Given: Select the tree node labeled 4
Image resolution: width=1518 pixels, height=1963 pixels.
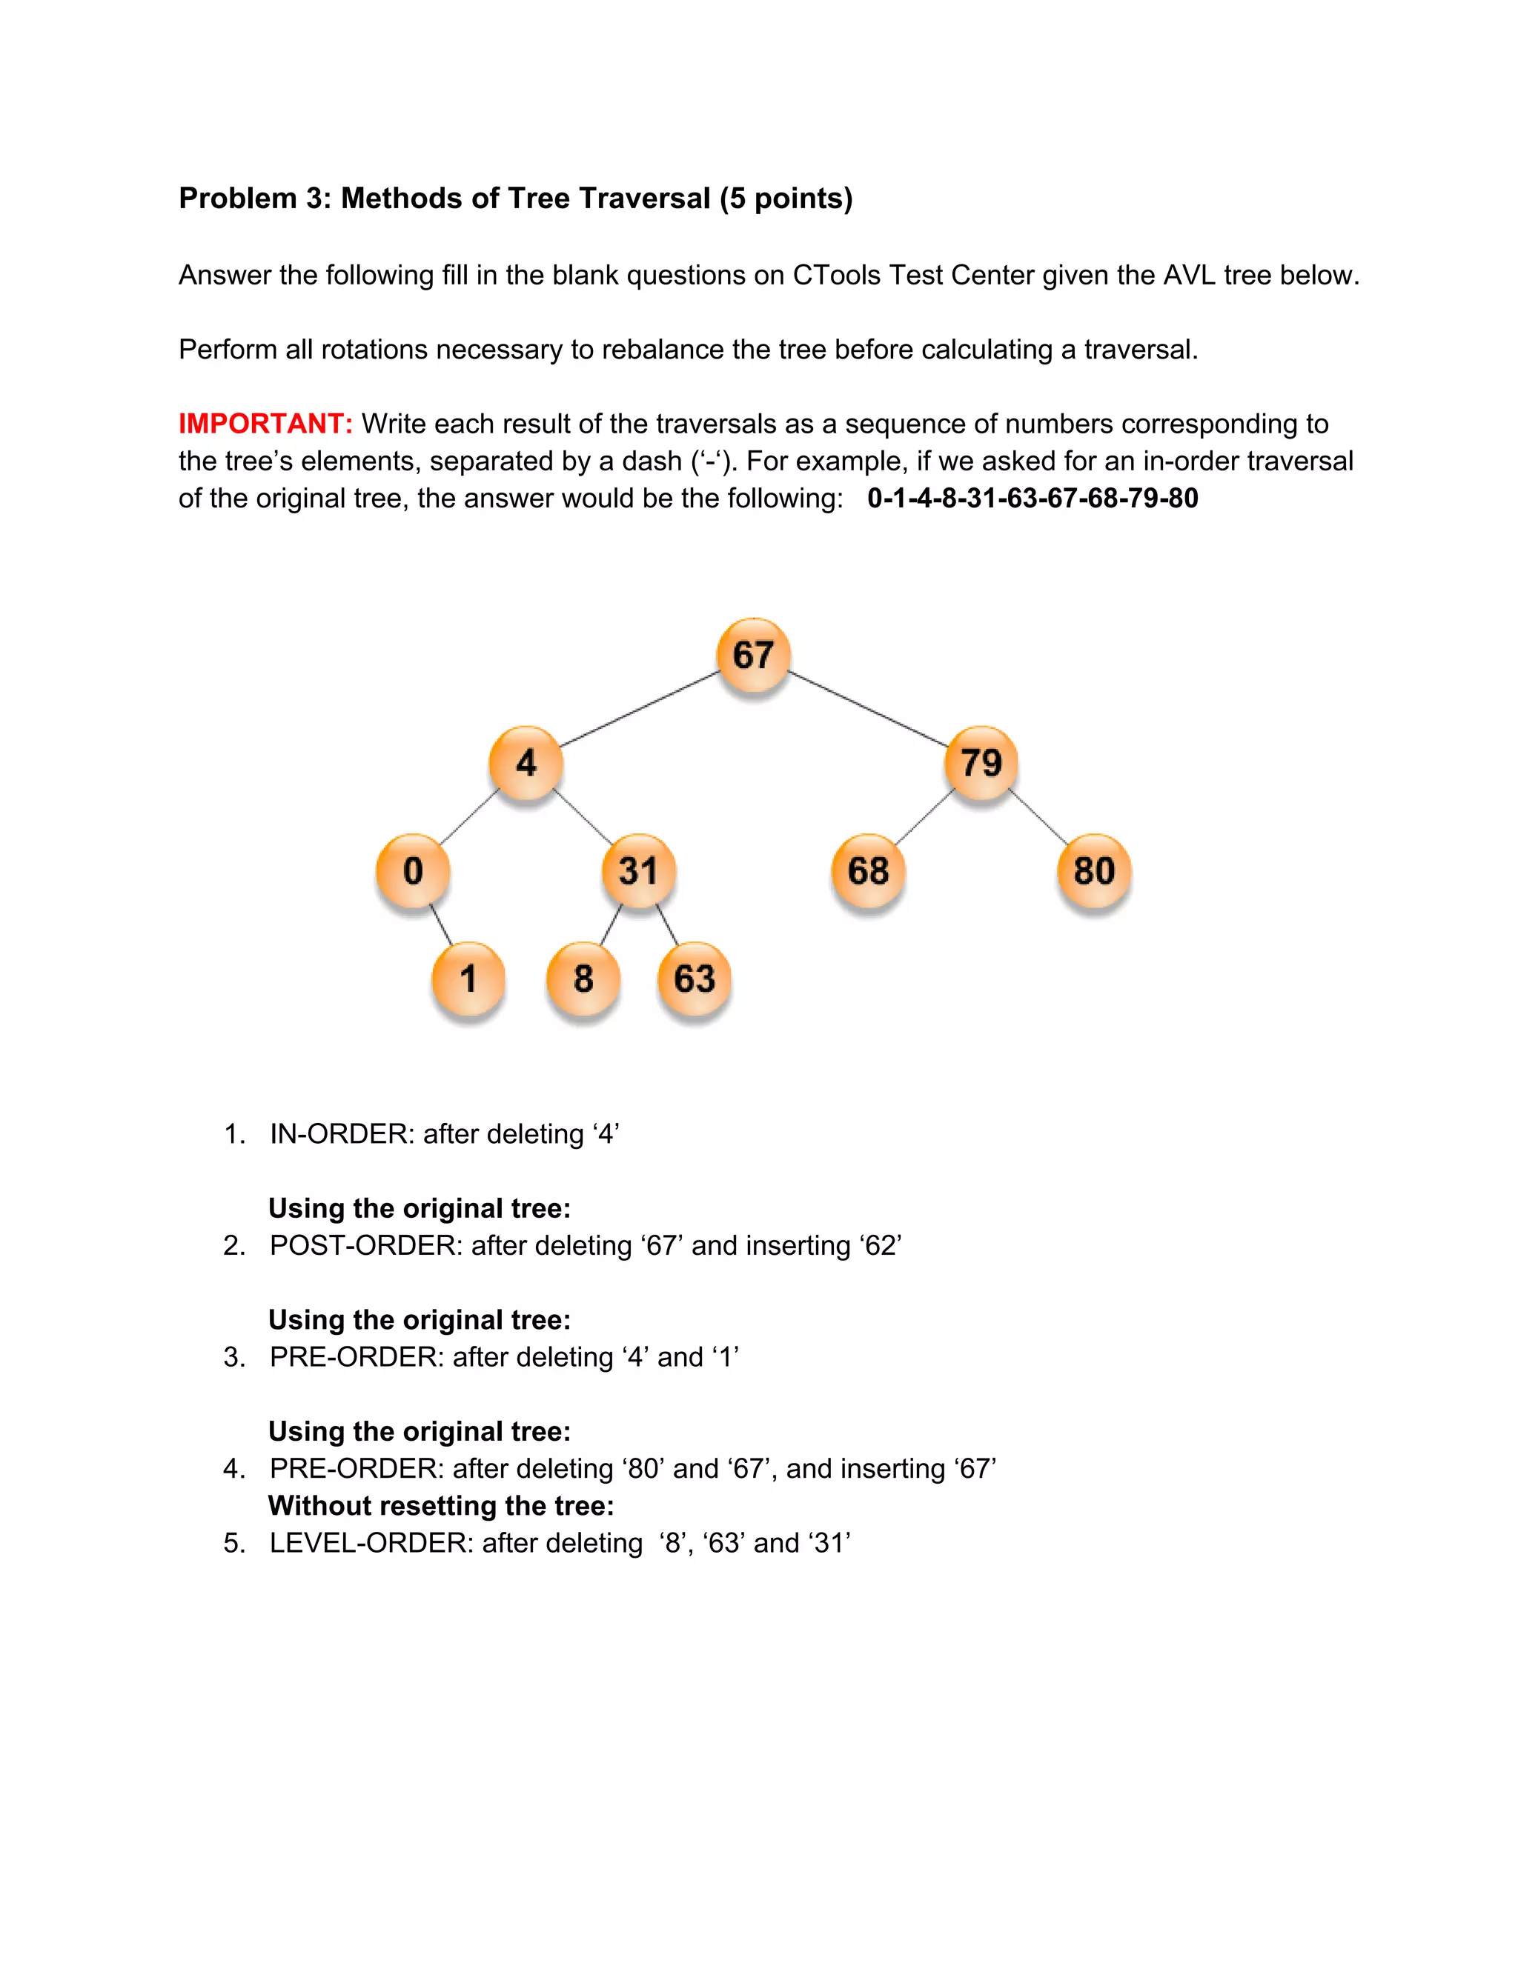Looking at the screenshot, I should tap(526, 763).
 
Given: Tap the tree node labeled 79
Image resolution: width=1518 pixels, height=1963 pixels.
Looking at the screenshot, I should tap(981, 763).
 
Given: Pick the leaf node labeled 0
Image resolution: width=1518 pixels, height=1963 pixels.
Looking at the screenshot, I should tap(413, 871).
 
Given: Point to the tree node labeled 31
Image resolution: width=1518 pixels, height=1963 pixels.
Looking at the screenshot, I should tap(638, 871).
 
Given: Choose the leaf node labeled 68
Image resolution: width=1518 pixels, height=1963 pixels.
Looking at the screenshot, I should tap(869, 871).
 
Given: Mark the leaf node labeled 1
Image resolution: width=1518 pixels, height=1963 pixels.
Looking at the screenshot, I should tap(468, 979).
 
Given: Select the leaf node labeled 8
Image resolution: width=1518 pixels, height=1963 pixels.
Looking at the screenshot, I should tap(583, 979).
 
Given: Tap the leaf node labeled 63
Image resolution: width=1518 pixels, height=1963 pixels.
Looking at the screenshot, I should tap(695, 979).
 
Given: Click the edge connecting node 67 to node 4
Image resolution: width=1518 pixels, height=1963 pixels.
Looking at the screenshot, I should tap(640, 709).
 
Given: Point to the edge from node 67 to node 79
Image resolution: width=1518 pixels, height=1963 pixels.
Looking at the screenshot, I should tap(868, 709).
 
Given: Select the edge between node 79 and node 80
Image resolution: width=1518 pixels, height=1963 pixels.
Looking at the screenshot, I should tap(1038, 817).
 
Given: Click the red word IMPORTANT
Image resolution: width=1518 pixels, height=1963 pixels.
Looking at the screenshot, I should tap(265, 423).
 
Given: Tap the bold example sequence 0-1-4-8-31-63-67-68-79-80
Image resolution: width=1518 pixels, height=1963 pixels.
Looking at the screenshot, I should tap(1033, 498).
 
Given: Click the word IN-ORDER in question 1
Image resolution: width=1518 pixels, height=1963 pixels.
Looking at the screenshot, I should tap(342, 1134).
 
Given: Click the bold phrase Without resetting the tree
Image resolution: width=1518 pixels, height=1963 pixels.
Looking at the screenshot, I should tap(441, 1505).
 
